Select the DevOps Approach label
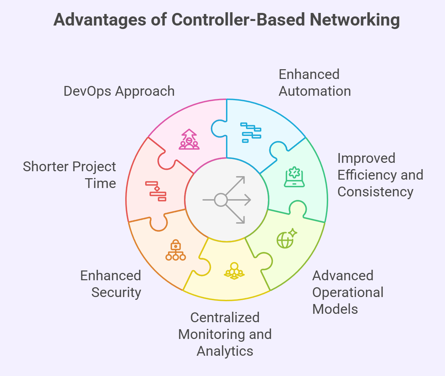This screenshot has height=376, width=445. [x=119, y=91]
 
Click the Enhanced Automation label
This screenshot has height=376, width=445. [x=315, y=83]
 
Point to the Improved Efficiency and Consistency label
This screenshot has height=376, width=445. [x=380, y=175]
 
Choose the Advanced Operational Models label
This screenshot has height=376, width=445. [x=348, y=292]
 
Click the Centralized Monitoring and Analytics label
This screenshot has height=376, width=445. [x=225, y=334]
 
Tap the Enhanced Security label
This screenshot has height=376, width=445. [x=111, y=284]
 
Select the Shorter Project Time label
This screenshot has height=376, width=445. [x=70, y=175]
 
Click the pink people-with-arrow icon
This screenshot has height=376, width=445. [x=189, y=139]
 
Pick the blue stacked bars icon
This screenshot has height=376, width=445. [x=251, y=132]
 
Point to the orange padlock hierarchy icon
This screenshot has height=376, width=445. [x=176, y=250]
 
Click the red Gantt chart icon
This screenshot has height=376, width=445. [x=156, y=191]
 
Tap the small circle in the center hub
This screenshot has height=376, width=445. [x=221, y=200]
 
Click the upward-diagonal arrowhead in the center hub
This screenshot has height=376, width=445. [x=241, y=180]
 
